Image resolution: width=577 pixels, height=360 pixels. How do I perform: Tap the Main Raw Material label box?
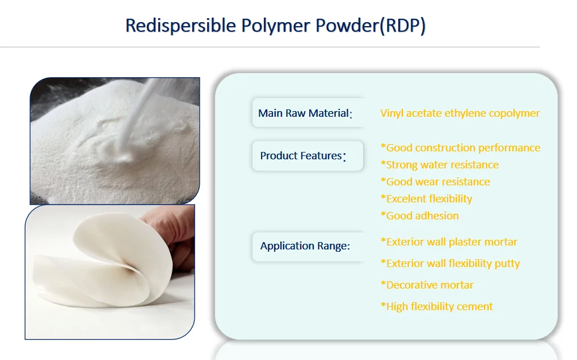point(307,113)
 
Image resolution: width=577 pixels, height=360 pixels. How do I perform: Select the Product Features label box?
point(307,156)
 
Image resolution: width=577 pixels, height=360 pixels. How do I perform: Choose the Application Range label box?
point(307,246)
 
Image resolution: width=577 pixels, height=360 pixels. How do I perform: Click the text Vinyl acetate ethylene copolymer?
point(460,113)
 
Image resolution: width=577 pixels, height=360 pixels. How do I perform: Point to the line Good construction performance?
point(460,148)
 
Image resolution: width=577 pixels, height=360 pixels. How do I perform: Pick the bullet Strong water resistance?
point(440,165)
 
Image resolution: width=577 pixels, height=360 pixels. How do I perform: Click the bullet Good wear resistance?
point(435,182)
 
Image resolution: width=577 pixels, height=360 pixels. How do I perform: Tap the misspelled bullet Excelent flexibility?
point(426,199)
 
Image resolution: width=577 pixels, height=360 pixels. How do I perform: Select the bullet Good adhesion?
point(419,216)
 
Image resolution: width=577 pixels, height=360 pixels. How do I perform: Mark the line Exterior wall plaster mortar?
point(449,242)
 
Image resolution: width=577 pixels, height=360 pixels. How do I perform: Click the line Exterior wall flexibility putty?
point(450,264)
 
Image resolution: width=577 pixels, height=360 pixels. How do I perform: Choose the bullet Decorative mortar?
point(427,285)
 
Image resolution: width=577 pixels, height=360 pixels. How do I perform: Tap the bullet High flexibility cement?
point(436,307)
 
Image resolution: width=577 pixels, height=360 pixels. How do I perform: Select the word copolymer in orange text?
point(513,113)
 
